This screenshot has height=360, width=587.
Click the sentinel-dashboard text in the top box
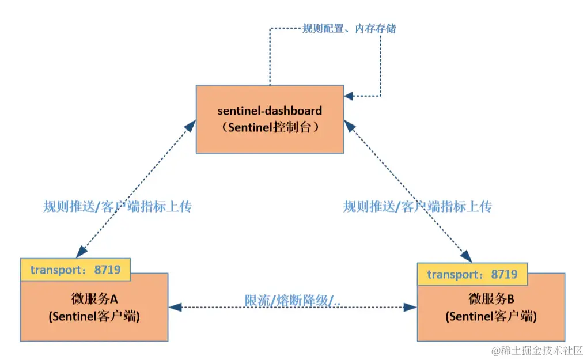270,110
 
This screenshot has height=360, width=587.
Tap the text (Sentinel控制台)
270,128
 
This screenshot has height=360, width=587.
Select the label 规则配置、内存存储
349,28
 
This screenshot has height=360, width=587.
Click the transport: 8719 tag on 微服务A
75,270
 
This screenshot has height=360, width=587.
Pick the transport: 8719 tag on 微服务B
472,274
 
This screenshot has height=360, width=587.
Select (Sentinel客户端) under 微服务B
491,316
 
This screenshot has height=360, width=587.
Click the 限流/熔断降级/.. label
294,301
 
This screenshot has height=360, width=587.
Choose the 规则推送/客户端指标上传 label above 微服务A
118,207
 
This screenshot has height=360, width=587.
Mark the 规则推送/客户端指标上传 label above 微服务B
418,207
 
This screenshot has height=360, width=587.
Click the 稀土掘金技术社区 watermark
537,350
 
